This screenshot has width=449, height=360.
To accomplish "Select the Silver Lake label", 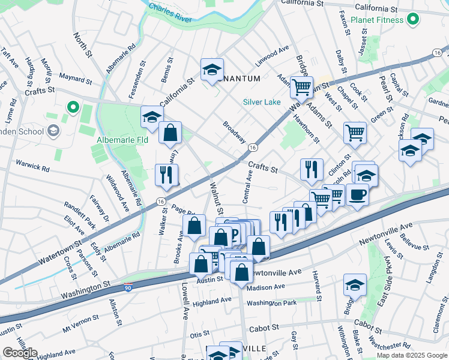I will pyautogui.click(x=262, y=102).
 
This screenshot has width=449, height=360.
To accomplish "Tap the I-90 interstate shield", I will pyautogui.click(x=128, y=287).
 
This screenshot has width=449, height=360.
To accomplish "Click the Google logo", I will pyautogui.click(x=20, y=353).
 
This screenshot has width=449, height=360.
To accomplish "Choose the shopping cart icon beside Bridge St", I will pyautogui.click(x=301, y=87).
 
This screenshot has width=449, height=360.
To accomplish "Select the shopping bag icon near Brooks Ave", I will pyautogui.click(x=194, y=227).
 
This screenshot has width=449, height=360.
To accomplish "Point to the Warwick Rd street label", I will pyautogui.click(x=32, y=164).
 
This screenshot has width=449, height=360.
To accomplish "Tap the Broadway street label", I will pyautogui.click(x=235, y=132).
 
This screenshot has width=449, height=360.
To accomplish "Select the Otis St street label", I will pyautogui.click(x=199, y=334).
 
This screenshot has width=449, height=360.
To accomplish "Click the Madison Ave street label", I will pyautogui.click(x=265, y=286).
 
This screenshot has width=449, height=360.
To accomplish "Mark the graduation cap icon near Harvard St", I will pyautogui.click(x=355, y=285).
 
